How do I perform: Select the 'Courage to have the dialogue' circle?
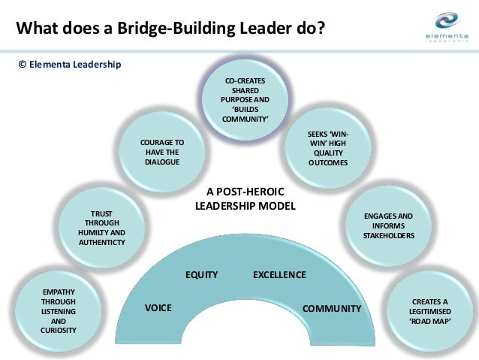(x=162, y=152)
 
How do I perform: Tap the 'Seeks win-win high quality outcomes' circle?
(x=328, y=148)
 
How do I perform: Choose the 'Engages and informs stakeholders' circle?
(x=388, y=225)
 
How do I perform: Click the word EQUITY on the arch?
(x=201, y=275)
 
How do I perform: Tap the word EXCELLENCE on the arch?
(x=279, y=275)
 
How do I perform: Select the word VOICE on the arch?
(x=158, y=308)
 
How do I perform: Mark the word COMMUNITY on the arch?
(x=331, y=308)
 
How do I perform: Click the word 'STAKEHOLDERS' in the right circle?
(x=388, y=235)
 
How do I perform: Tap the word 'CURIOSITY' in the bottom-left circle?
(x=58, y=328)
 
